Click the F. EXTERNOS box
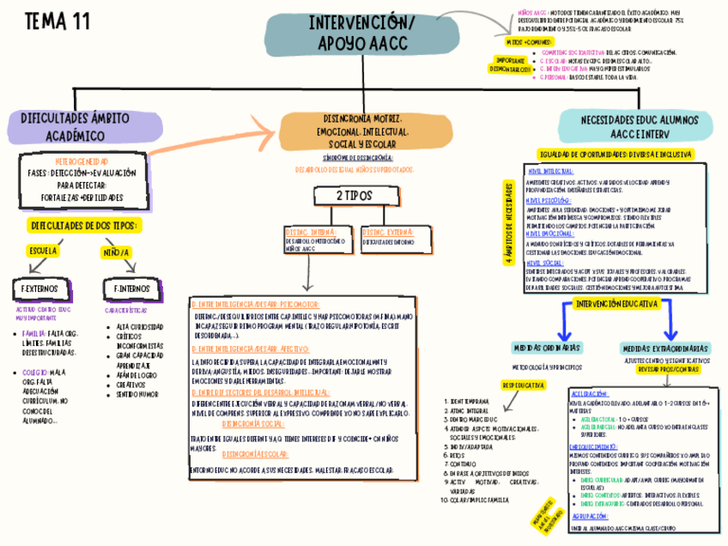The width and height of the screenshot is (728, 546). [x=39, y=288]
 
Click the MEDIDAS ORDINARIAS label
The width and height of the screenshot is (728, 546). [x=545, y=349]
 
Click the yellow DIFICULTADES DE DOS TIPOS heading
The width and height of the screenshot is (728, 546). [x=83, y=225]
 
